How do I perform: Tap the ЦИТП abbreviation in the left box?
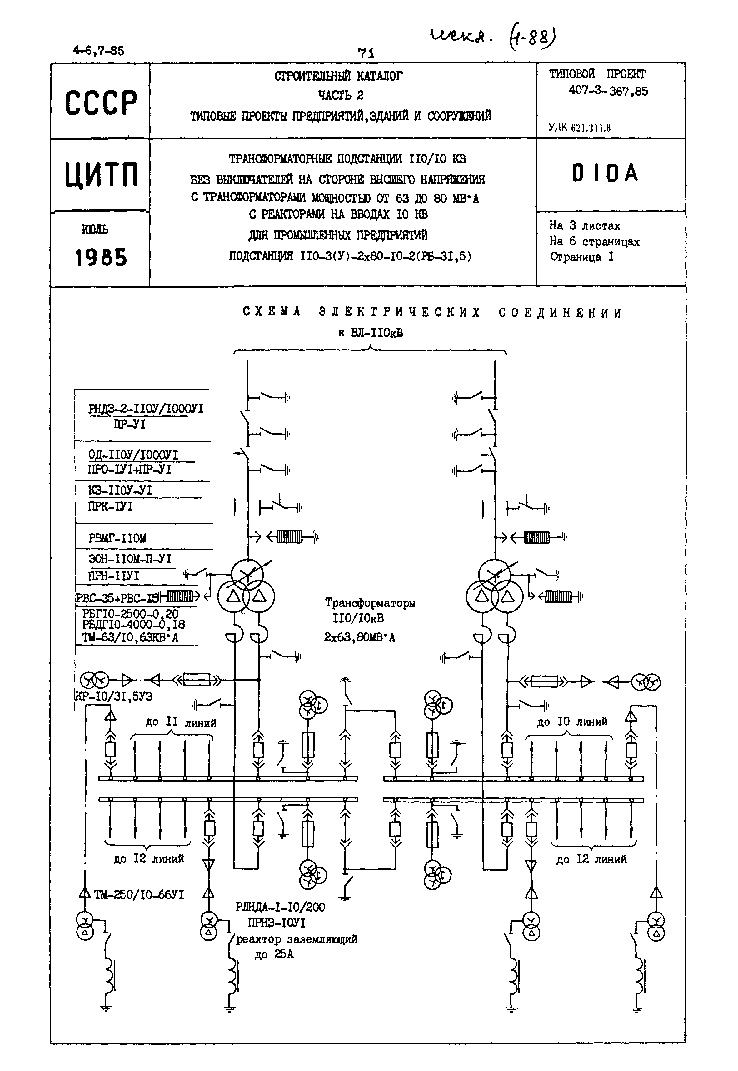[x=101, y=175]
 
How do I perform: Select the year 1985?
[x=101, y=258]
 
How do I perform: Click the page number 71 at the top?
[x=366, y=53]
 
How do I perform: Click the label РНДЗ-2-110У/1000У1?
[x=146, y=409]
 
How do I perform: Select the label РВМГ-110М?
[x=117, y=538]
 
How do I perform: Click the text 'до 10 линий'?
[x=572, y=721]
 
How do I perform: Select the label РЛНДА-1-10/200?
[x=280, y=907]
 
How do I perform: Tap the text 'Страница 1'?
[x=582, y=257]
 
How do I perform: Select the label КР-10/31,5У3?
[x=114, y=696]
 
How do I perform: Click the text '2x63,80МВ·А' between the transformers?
[x=360, y=637]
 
